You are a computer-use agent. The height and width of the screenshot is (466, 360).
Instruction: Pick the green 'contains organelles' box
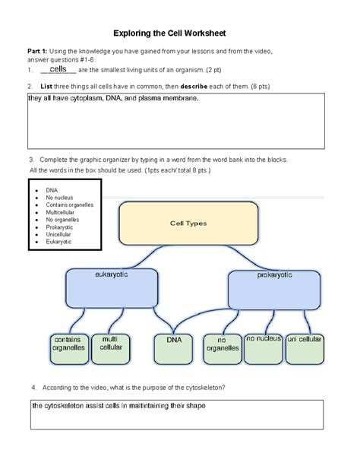click(69, 347)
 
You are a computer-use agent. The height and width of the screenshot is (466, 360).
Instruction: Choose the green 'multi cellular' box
click(111, 347)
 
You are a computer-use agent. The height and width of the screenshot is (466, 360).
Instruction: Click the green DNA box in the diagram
click(174, 345)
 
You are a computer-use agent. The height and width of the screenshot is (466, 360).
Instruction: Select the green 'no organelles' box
click(223, 347)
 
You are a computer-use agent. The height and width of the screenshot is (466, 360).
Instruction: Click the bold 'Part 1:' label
click(38, 51)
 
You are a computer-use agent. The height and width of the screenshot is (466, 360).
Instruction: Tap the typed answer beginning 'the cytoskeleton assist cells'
click(118, 406)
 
